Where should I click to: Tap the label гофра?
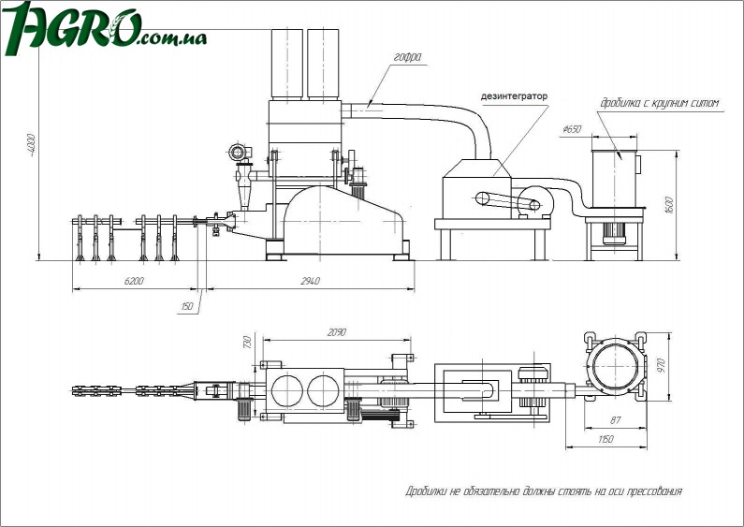pyautogui.click(x=407, y=58)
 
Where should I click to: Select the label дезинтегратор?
pyautogui.click(x=514, y=96)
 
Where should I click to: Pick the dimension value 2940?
pyautogui.click(x=310, y=281)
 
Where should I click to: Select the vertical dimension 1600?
pyautogui.click(x=668, y=206)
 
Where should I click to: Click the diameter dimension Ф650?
pyautogui.click(x=572, y=129)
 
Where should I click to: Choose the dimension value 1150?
pyautogui.click(x=606, y=439)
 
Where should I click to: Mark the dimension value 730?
pyautogui.click(x=247, y=344)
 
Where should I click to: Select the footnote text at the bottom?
pyautogui.click(x=543, y=490)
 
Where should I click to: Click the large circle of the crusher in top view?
pyautogui.click(x=616, y=365)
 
